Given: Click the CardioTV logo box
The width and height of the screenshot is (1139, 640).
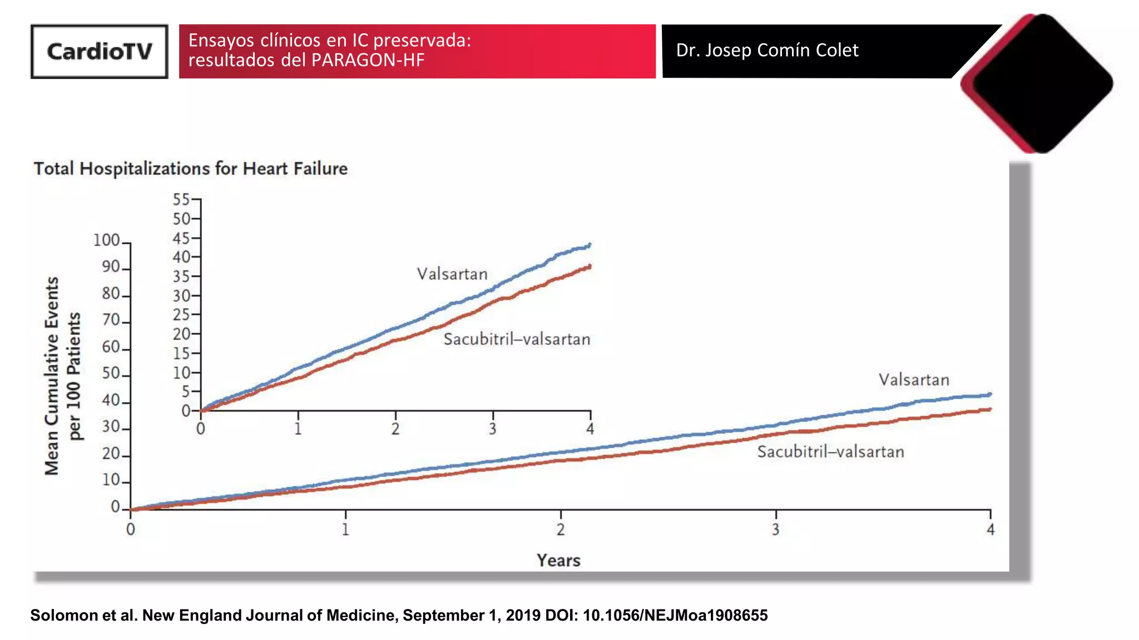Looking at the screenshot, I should [99, 51].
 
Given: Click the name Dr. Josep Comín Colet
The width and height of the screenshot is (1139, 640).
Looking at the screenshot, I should [767, 51].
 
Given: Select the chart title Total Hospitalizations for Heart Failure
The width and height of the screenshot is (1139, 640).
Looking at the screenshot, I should [190, 168].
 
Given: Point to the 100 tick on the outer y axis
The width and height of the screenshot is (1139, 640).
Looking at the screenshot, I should [107, 241].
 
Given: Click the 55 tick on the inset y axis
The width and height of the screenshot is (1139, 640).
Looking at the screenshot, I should [182, 199].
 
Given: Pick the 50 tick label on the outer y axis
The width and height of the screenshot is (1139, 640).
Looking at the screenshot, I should [111, 373].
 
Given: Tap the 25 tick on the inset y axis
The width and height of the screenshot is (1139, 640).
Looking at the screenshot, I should [182, 315].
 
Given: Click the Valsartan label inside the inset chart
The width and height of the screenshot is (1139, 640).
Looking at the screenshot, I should [452, 274].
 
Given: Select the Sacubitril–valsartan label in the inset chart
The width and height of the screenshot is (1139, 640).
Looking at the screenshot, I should [517, 339].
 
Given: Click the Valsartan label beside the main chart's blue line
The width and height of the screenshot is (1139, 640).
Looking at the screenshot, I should [914, 380].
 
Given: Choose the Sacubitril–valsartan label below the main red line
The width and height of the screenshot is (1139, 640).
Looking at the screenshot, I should [830, 452].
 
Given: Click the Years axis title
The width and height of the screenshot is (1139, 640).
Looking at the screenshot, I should [558, 560].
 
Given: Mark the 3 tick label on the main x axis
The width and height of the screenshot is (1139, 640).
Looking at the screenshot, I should [775, 529].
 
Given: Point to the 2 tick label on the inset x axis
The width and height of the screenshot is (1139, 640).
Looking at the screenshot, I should [395, 429].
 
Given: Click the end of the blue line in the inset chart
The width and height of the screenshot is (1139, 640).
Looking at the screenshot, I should [590, 244].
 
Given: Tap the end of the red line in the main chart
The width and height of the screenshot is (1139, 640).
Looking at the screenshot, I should [989, 409].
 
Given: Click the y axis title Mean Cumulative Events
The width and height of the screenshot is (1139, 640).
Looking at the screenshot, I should [52, 376].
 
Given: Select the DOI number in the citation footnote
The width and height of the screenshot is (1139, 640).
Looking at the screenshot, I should [675, 616].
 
